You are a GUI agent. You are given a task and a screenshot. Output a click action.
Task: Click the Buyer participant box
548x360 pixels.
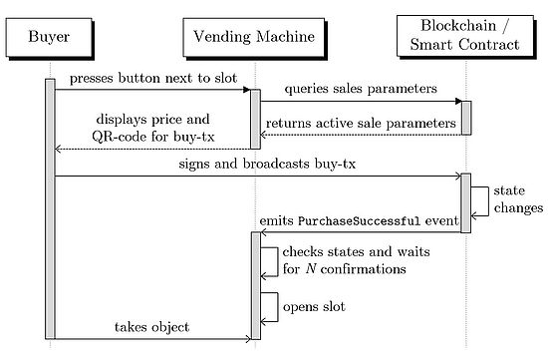[x=50, y=39]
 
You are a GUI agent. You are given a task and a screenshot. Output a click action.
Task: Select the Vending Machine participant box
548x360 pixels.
[x=254, y=39]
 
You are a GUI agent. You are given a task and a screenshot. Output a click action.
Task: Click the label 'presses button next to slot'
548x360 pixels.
[x=151, y=78]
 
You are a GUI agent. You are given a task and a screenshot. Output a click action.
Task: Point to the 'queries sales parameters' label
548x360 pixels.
[x=361, y=89]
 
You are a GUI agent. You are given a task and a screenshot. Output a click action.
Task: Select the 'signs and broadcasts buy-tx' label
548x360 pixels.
[x=256, y=166]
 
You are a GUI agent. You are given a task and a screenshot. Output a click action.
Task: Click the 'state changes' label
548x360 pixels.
[x=517, y=199]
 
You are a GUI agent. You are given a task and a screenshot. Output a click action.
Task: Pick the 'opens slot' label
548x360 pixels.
[x=314, y=306]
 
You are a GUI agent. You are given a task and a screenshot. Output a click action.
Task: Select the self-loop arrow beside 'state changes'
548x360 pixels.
[x=482, y=200]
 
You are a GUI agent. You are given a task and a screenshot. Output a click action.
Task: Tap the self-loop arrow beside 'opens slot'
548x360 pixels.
[x=271, y=307]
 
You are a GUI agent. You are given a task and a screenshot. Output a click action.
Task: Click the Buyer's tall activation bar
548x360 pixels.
[x=50, y=209]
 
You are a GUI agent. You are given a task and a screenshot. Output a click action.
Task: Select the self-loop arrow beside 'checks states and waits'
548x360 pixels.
[x=271, y=260]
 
